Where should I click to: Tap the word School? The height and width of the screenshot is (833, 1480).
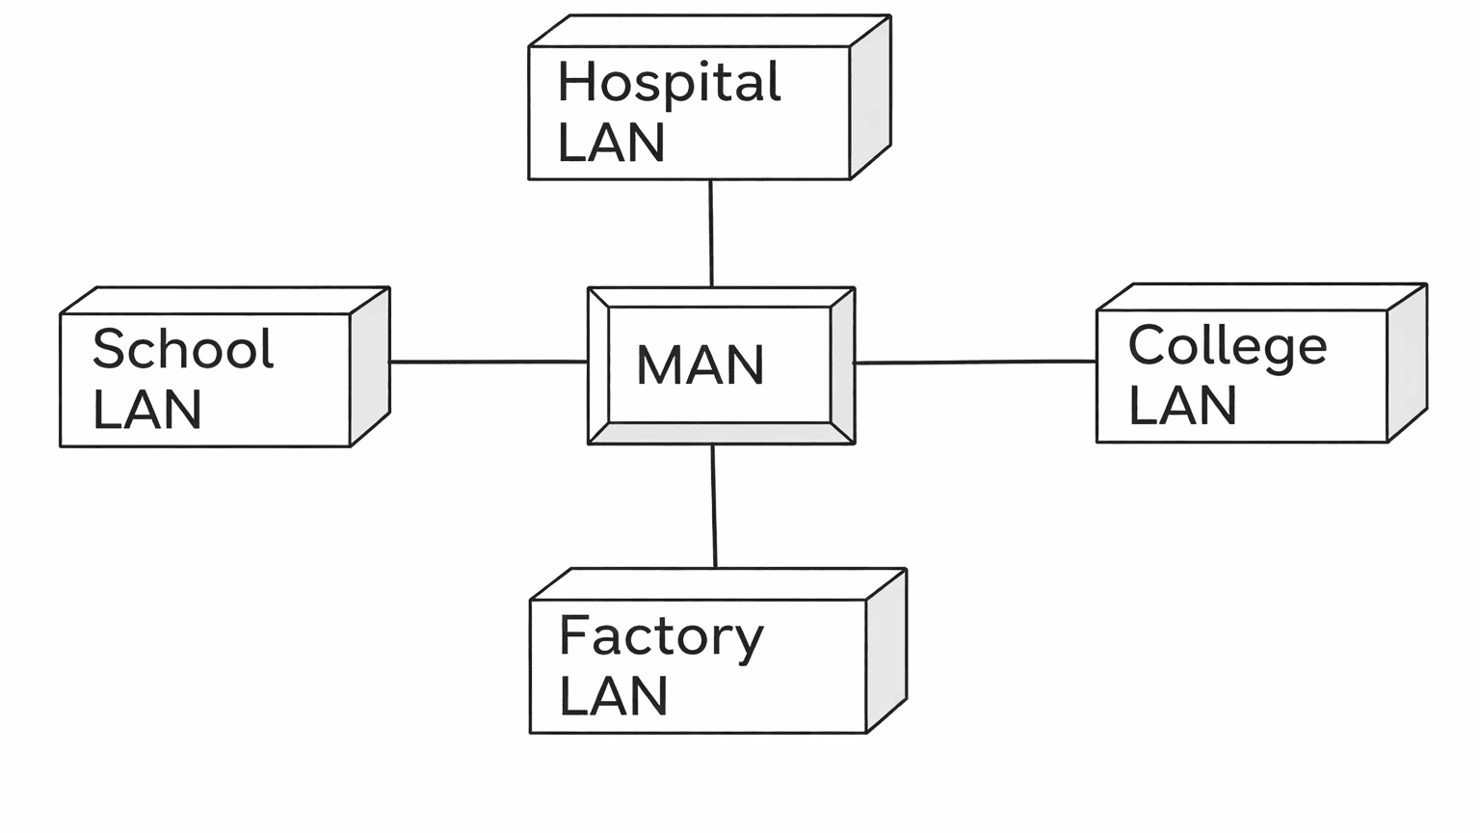(183, 349)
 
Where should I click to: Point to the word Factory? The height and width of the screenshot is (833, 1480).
(661, 637)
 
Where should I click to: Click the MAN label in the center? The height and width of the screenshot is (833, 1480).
(700, 365)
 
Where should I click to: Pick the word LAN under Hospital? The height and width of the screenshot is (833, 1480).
(612, 143)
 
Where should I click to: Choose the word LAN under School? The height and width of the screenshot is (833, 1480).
(147, 410)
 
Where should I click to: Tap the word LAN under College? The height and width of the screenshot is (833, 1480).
(1182, 406)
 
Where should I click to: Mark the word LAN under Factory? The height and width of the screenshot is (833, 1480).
(614, 696)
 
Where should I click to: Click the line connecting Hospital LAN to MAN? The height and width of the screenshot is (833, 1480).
(711, 233)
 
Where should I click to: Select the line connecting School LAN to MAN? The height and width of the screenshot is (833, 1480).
(489, 362)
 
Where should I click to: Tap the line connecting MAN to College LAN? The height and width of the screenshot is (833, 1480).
(975, 363)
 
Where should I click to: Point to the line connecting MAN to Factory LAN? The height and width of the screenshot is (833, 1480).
(714, 506)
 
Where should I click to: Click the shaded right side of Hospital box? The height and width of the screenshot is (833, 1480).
(870, 97)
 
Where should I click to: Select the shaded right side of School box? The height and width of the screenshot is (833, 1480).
(370, 366)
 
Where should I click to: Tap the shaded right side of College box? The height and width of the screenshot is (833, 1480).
(1407, 363)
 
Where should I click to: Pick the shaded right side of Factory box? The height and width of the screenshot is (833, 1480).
(886, 651)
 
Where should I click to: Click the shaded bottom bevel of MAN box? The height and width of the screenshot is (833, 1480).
(721, 434)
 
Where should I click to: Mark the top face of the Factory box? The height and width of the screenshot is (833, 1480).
(718, 583)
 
